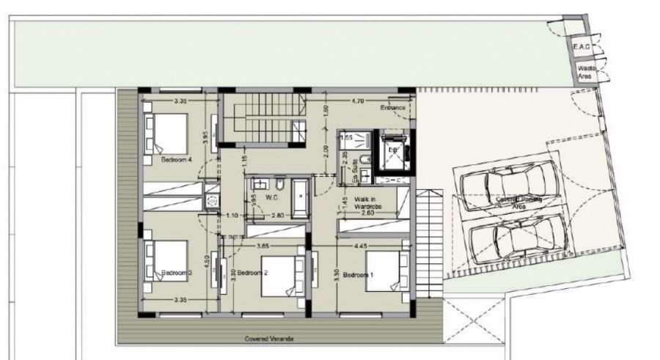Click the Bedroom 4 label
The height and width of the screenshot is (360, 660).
click(x=176, y=158)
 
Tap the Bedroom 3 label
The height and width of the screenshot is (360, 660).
click(x=176, y=272)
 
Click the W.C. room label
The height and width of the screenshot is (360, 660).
click(x=271, y=197)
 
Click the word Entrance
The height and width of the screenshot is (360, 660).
click(x=393, y=108)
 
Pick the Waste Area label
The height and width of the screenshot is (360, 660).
click(x=585, y=71)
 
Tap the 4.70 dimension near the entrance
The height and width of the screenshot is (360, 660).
click(x=358, y=100)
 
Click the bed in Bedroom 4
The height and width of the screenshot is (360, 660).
click(x=168, y=132)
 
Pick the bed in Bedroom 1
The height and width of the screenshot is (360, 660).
click(x=383, y=272)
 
